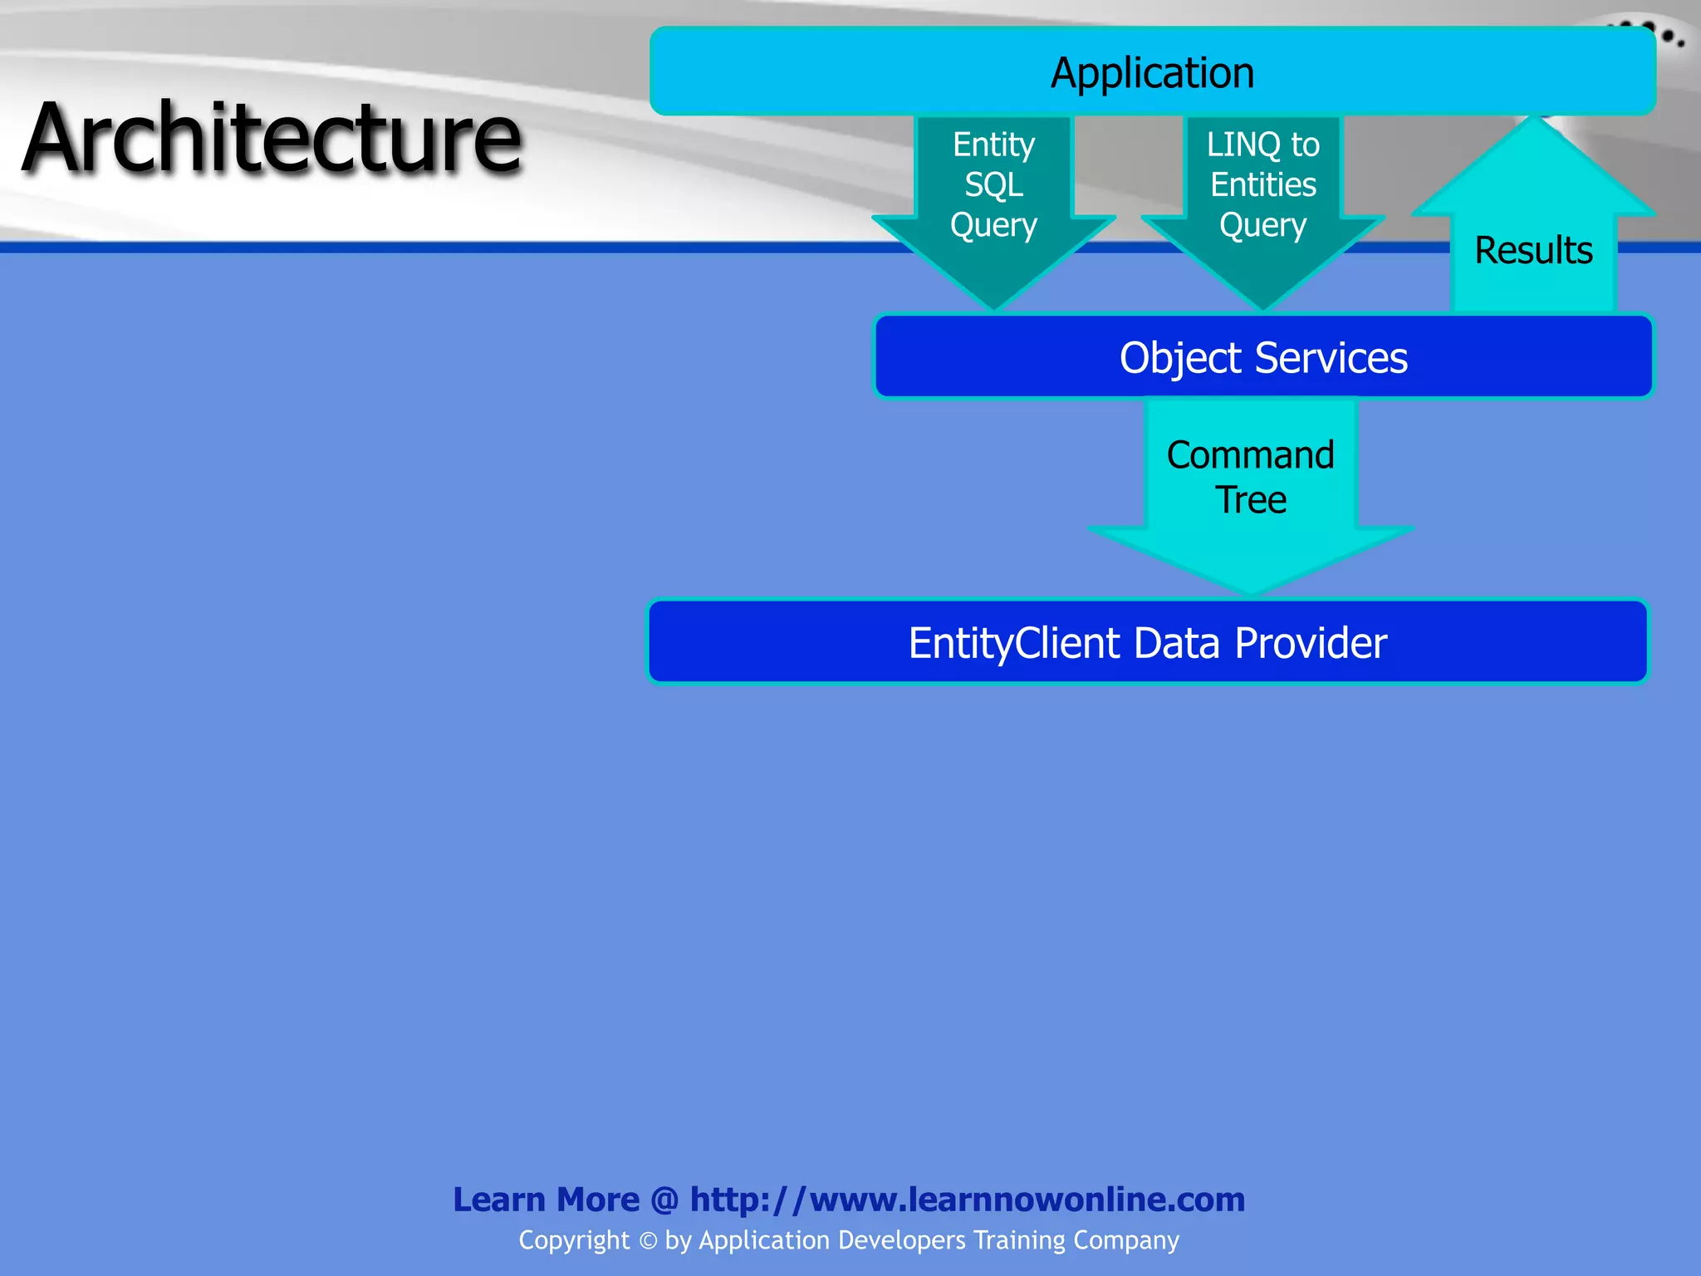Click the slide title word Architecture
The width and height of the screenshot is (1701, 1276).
(272, 138)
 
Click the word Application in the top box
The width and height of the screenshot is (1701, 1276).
(1152, 73)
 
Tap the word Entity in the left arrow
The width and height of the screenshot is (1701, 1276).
(993, 145)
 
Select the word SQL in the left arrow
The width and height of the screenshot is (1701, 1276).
(993, 184)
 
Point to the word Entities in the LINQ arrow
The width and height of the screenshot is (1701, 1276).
(1262, 184)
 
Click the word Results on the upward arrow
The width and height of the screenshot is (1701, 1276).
(1533, 250)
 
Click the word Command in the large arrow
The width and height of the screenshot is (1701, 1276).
(1250, 455)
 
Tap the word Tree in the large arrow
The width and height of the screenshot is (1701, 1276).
(1251, 500)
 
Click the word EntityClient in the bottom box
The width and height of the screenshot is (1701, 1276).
(1014, 643)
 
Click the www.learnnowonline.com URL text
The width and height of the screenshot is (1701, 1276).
(1027, 1200)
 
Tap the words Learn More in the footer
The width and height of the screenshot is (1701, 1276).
(546, 1200)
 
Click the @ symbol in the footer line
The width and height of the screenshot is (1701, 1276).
(664, 1200)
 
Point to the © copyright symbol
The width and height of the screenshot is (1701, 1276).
(648, 1240)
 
